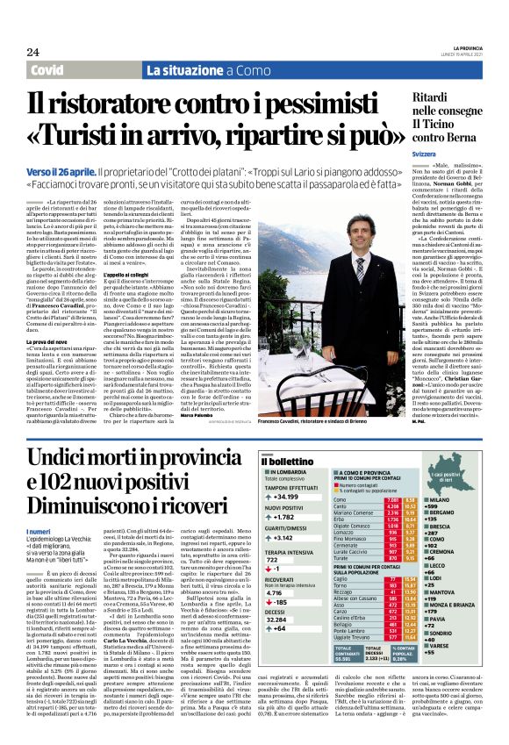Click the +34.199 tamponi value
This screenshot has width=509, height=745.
[287, 497]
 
